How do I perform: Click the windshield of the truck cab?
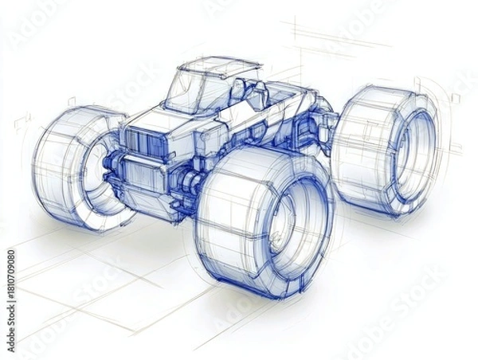[185, 94]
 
